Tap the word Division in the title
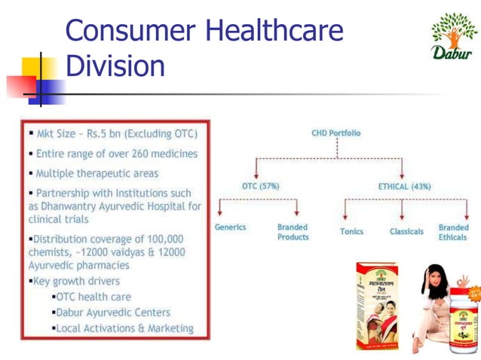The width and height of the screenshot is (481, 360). click(115, 66)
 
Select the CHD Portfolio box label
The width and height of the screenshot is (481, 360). click(336, 133)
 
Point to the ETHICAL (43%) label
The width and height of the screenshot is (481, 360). click(403, 185)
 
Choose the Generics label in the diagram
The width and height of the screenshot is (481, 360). click(229, 227)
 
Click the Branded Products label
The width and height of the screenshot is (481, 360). click(293, 232)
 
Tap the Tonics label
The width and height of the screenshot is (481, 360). click(351, 231)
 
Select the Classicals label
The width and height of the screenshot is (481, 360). click(406, 231)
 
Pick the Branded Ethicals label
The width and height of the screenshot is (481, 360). click(453, 232)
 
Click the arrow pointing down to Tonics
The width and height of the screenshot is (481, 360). click(345, 210)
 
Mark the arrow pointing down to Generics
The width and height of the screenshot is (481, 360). click(219, 210)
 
